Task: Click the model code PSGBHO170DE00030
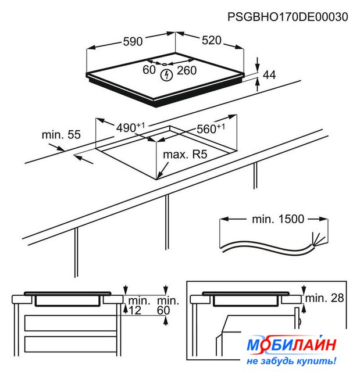pyautogui.click(x=288, y=17)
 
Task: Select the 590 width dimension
pyautogui.click(x=133, y=41)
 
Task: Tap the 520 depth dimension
pyautogui.click(x=212, y=40)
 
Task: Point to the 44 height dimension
pyautogui.click(x=269, y=75)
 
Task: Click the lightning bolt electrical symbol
pyautogui.click(x=166, y=75)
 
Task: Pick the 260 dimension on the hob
pyautogui.click(x=187, y=70)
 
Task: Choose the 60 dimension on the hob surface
pyautogui.click(x=149, y=70)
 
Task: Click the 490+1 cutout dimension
pyautogui.click(x=130, y=127)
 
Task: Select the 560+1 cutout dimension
pyautogui.click(x=211, y=128)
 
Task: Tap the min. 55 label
pyautogui.click(x=61, y=134)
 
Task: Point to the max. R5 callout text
pyautogui.click(x=185, y=155)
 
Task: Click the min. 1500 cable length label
pyautogui.click(x=278, y=219)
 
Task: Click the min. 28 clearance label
pyautogui.click(x=325, y=298)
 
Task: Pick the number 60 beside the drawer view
pyautogui.click(x=163, y=310)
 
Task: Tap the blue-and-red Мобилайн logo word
pyautogui.click(x=291, y=345)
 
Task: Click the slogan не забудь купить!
pyautogui.click(x=291, y=361)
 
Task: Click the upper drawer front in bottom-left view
pyautogui.click(x=70, y=323)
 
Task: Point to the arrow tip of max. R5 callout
pyautogui.click(x=157, y=178)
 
